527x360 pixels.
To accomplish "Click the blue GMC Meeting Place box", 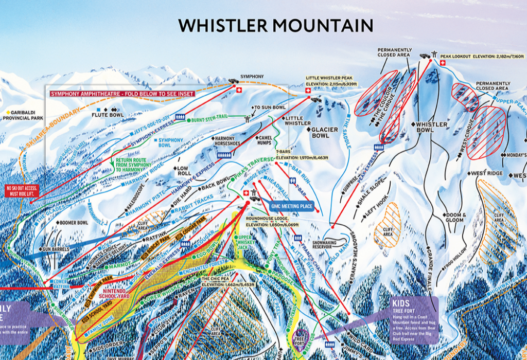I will pos(291,206).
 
